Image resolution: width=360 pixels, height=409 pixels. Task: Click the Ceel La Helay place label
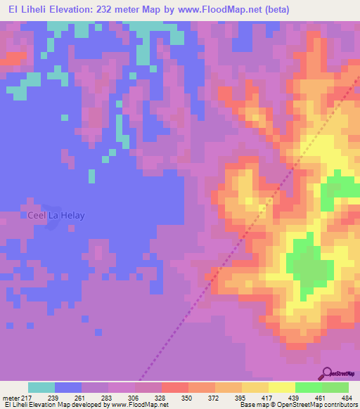(56, 215)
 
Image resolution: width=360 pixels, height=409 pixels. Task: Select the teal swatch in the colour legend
(41, 387)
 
